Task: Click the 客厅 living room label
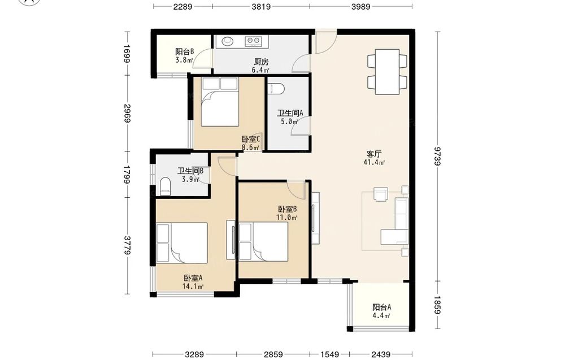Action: click(374, 154)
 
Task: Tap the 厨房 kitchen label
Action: click(261, 62)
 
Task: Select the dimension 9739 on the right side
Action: click(437, 155)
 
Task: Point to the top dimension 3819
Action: click(261, 6)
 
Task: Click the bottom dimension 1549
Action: click(329, 354)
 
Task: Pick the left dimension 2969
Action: click(127, 113)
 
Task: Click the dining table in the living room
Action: click(388, 72)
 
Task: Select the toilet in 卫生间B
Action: click(165, 186)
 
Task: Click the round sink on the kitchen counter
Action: click(228, 41)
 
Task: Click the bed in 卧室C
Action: click(220, 102)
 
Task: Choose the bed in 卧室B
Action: click(263, 242)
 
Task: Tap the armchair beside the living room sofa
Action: click(380, 194)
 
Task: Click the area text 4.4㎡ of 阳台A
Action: click(381, 316)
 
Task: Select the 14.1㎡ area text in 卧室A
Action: click(193, 287)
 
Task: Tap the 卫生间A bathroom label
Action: click(290, 113)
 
